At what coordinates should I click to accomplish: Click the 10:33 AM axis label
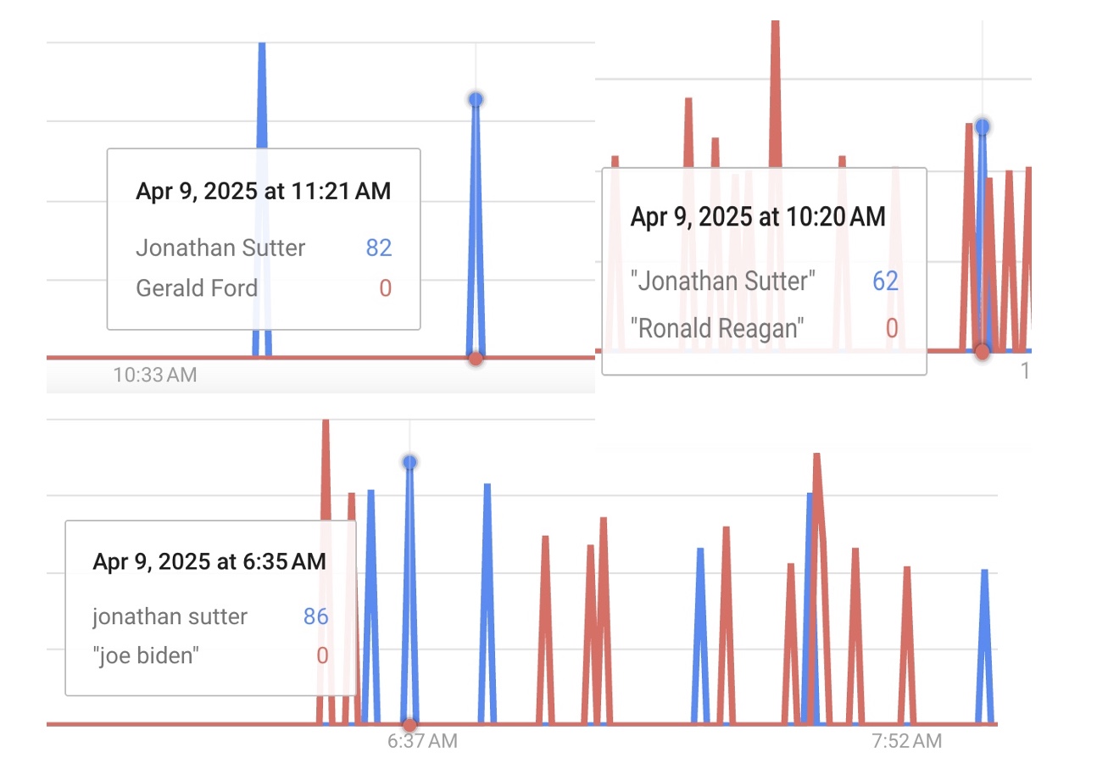[x=155, y=374]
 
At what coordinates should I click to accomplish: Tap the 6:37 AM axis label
[x=422, y=741]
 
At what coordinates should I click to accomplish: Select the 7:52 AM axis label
[x=906, y=741]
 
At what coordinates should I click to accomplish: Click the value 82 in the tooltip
[x=379, y=248]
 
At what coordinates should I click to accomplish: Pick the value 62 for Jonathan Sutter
[x=885, y=281]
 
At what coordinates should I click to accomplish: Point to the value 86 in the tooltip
[x=315, y=616]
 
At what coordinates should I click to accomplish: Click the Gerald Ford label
[x=197, y=288]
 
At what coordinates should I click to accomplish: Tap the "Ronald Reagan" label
[x=718, y=328]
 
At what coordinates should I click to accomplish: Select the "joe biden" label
[x=145, y=655]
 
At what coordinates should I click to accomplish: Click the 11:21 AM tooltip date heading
[x=264, y=191]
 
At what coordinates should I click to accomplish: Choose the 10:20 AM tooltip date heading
[x=758, y=217]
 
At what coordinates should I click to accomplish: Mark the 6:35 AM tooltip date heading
[x=209, y=560]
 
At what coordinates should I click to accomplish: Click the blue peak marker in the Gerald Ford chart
[x=476, y=99]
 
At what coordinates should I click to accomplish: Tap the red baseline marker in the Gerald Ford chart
[x=476, y=359]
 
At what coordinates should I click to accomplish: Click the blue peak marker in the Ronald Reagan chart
[x=982, y=127]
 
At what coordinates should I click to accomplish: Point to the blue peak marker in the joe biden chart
[x=409, y=462]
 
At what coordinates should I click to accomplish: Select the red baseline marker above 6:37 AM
[x=409, y=724]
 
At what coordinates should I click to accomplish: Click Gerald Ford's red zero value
[x=385, y=288]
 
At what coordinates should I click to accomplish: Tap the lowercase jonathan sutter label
[x=170, y=616]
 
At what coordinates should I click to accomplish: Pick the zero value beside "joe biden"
[x=322, y=655]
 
